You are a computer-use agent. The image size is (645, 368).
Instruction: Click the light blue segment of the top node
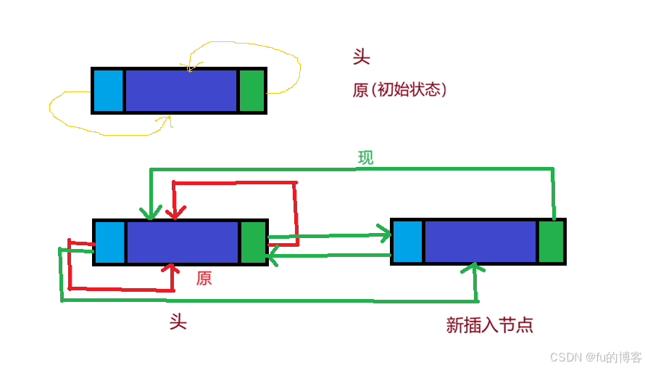[x=109, y=91]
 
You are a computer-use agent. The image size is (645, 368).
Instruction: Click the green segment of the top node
[x=252, y=91]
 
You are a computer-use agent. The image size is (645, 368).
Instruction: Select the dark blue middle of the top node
[x=181, y=91]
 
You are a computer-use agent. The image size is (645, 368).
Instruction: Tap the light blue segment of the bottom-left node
[x=110, y=242]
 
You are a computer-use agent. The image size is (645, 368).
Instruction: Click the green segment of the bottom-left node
[x=253, y=242]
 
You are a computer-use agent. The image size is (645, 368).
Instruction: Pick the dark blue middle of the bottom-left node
[x=183, y=242]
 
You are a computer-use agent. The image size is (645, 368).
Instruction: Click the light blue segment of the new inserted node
[x=407, y=242]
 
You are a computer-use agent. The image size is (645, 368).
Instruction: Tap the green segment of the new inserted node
[x=551, y=242]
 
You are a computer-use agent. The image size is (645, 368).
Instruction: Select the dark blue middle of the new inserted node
[x=480, y=242]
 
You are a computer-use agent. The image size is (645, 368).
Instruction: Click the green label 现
[x=366, y=158]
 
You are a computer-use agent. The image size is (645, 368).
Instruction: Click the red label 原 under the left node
[x=204, y=278]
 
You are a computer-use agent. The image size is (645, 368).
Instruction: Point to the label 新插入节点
[x=490, y=325]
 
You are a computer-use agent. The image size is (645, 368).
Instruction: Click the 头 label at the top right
[x=361, y=57]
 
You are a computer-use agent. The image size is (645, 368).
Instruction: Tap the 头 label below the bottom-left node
[x=178, y=322]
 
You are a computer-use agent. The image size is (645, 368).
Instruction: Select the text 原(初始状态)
[x=399, y=90]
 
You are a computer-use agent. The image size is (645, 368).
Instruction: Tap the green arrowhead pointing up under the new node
[x=475, y=268]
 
